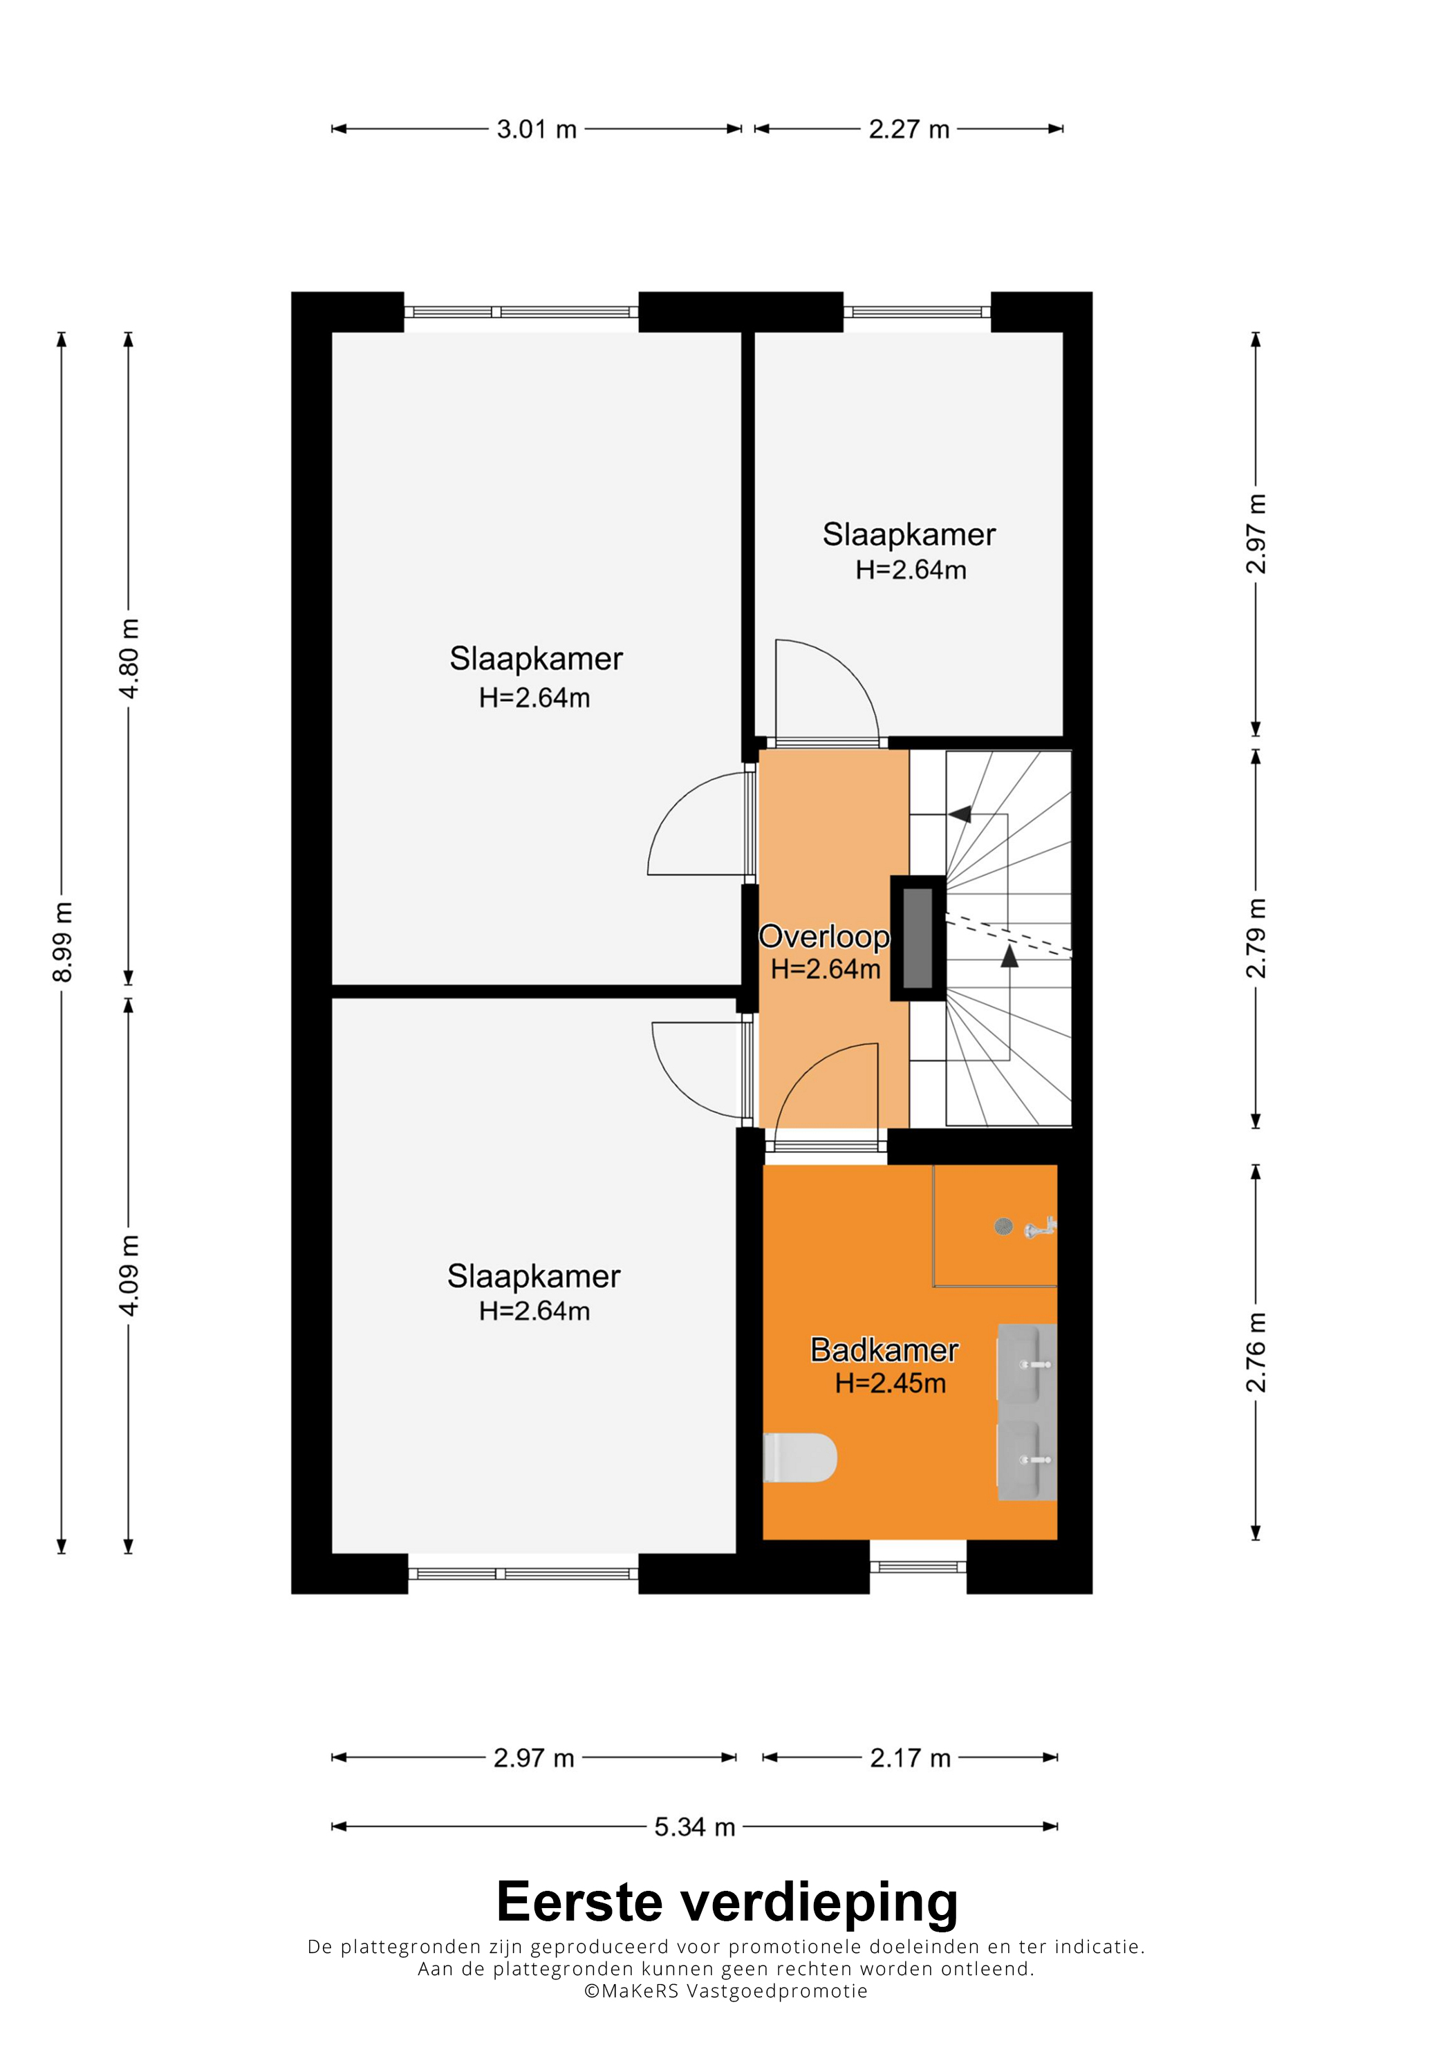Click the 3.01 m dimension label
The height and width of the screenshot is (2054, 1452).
pos(536,130)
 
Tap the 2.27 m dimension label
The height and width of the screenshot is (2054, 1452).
pos(909,130)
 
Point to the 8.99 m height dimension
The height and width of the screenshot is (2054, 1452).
pos(62,942)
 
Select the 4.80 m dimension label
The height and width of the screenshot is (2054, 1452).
pos(129,658)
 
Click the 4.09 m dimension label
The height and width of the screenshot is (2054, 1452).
pos(129,1276)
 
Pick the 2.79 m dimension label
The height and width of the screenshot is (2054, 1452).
pos(1256,937)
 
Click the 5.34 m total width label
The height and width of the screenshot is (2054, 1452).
pos(694,1827)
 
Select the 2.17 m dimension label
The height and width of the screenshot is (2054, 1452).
pos(910,1758)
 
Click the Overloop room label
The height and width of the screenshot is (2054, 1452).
pos(824,937)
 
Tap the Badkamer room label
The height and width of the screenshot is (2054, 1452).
pos(884,1350)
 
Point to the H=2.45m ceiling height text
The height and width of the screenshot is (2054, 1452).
pos(890,1383)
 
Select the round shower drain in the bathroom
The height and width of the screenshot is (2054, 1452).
pos(1004,1226)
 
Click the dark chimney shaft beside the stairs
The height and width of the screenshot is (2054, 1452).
pos(918,937)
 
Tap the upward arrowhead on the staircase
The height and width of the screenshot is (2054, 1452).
pos(1009,956)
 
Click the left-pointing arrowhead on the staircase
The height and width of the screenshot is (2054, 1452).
pos(960,814)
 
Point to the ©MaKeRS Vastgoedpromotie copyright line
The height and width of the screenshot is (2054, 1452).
pos(725,1991)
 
